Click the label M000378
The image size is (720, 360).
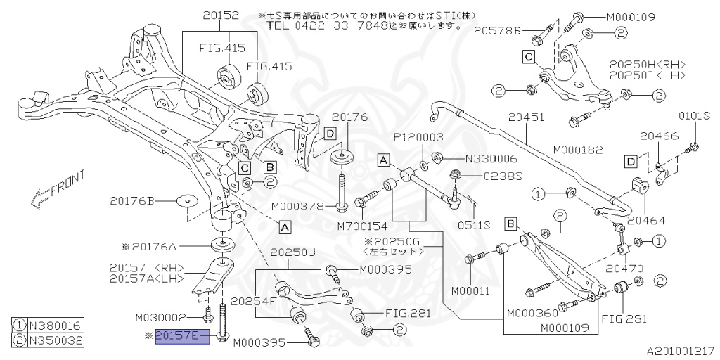coord(298,206)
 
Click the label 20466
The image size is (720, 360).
coord(658,137)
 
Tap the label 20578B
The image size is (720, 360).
coord(496,31)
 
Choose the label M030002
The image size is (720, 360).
coord(162,318)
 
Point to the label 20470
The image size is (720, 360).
coord(624,269)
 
